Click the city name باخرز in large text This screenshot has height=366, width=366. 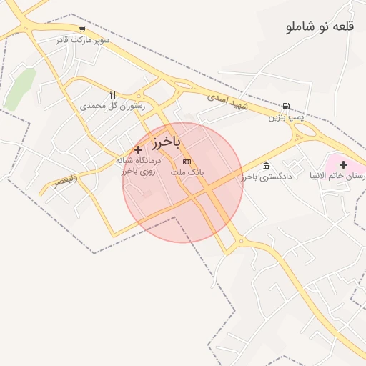(165, 141)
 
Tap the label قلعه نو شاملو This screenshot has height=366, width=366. (320, 27)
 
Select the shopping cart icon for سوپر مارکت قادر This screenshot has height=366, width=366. (83, 30)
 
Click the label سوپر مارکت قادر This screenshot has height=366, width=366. (84, 41)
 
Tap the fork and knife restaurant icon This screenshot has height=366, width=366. (112, 94)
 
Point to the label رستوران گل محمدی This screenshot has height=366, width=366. (112, 105)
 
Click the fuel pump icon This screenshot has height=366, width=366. (286, 106)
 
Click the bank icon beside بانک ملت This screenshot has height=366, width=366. (187, 162)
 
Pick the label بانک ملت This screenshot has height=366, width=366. (187, 173)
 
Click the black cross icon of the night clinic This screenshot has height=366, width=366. (138, 149)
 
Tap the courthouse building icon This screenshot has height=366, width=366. (266, 166)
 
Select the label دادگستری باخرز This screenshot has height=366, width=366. (267, 176)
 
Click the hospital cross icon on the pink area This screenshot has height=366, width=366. (343, 164)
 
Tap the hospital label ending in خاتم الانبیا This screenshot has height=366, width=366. (345, 176)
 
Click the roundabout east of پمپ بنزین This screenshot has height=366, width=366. (306, 132)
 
